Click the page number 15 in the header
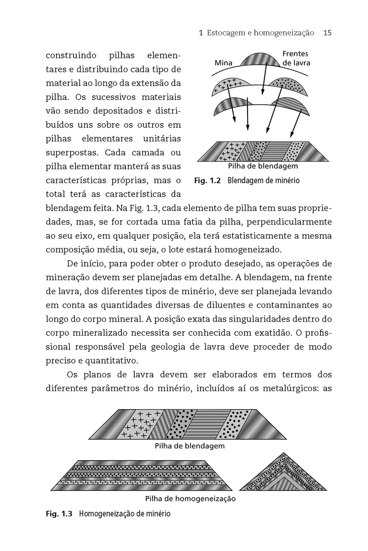[328, 33]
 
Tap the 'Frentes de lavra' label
[296, 58]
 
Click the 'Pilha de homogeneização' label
[190, 499]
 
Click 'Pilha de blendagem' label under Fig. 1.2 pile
[263, 166]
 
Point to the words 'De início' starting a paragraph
[83, 265]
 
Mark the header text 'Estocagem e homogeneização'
[260, 33]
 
